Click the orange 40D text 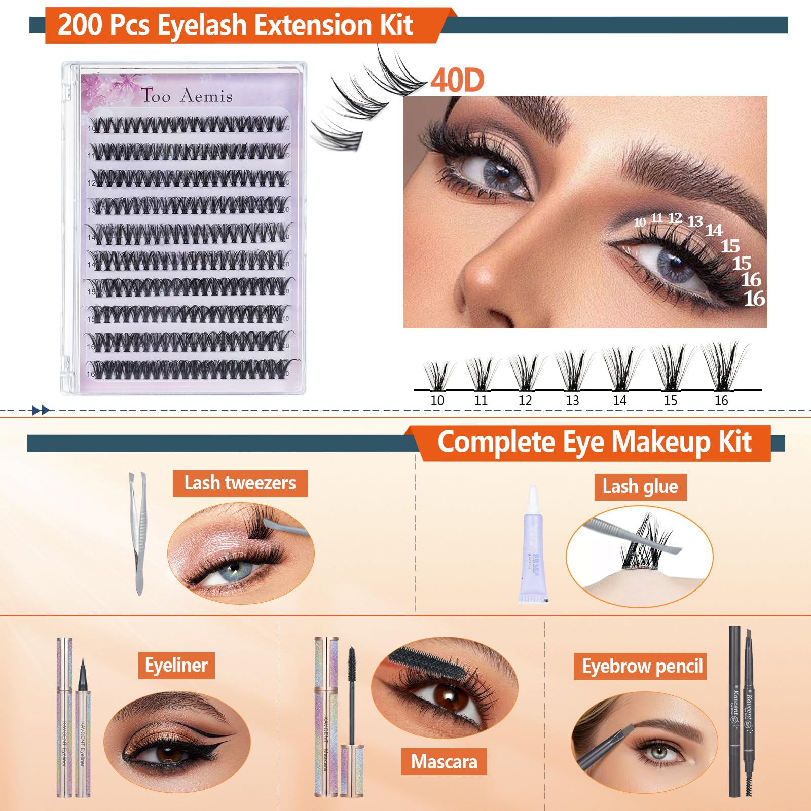pos(457,80)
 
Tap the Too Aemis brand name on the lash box pos(187,95)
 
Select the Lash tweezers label pos(240,483)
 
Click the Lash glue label pos(640,487)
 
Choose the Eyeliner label pos(176,665)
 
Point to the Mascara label pos(444,761)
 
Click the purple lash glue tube pos(532,552)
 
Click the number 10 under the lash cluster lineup pos(437,401)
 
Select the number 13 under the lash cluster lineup pos(572,401)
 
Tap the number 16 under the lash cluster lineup pos(721,401)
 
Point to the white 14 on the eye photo pos(714,231)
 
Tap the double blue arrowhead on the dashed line pos(41,410)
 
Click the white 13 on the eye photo pos(695,221)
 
